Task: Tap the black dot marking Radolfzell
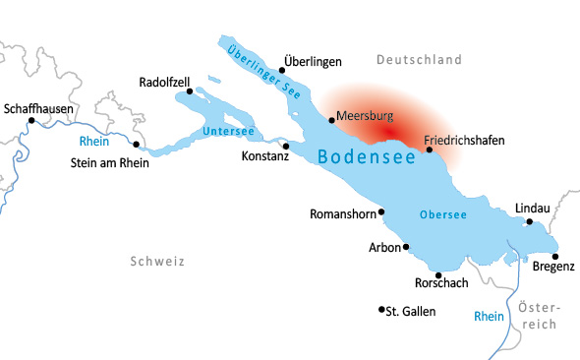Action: click(188, 91)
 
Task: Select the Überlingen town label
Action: click(312, 61)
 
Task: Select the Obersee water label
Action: click(442, 214)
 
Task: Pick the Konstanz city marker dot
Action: click(286, 145)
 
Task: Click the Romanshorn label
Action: click(340, 213)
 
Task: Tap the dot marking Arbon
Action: click(406, 248)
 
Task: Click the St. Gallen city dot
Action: click(381, 309)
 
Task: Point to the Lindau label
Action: click(532, 208)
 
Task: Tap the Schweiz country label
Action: click(156, 261)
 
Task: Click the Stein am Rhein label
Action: click(110, 163)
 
